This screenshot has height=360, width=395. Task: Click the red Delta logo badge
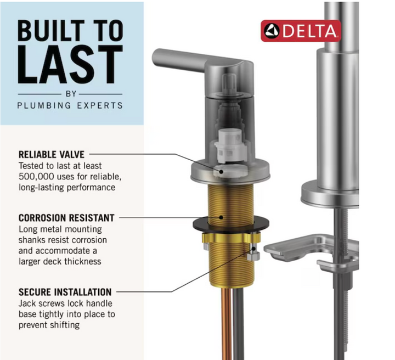[301, 31]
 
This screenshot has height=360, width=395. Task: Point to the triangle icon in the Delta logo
[272, 31]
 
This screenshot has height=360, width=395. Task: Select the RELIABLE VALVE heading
[52, 155]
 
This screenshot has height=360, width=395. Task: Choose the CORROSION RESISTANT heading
[66, 218]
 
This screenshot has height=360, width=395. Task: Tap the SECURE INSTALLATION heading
[65, 292]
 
